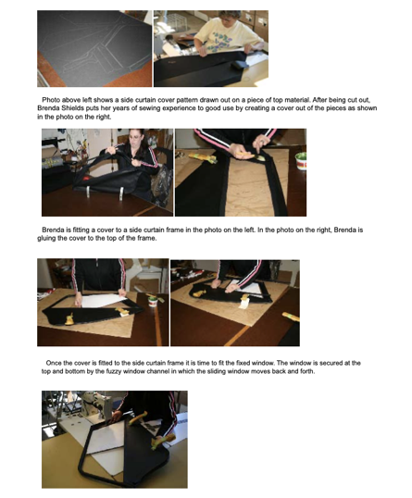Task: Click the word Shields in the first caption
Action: [72, 108]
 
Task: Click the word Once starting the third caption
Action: [55, 363]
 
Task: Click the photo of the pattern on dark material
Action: [94, 48]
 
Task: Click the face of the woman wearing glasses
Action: [136, 139]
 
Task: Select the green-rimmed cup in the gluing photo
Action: [301, 161]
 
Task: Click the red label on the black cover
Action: [87, 180]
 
